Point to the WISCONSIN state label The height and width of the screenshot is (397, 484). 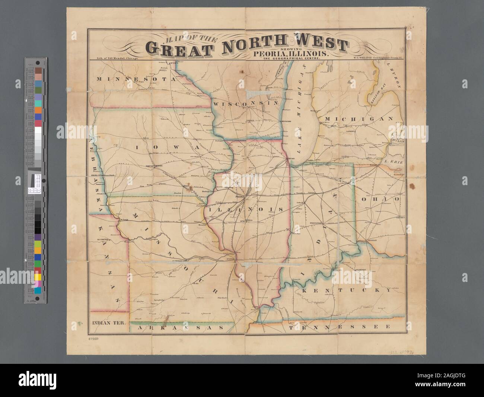[x=246, y=104]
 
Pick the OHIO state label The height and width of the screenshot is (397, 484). [x=381, y=199]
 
